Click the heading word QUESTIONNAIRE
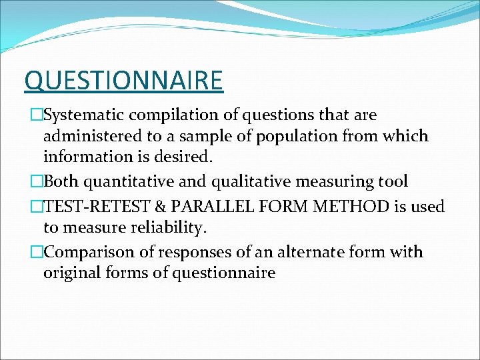pyautogui.click(x=123, y=81)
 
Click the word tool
pyautogui.click(x=392, y=181)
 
